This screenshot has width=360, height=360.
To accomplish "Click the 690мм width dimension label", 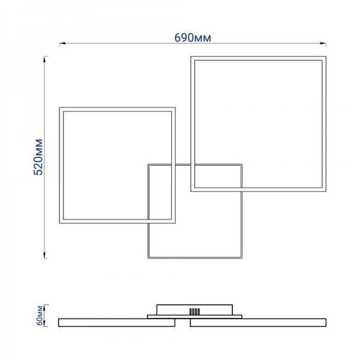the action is pyautogui.click(x=193, y=38).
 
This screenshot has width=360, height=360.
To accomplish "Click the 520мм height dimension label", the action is pyautogui.click(x=38, y=157).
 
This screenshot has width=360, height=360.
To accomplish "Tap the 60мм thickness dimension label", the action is pyautogui.click(x=40, y=316).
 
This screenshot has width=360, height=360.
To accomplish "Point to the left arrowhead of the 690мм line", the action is pyautogui.click(x=62, y=43).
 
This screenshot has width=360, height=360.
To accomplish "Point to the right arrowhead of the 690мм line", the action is pyautogui.click(x=323, y=43).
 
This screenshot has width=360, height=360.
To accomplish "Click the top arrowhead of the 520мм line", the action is pyautogui.click(x=44, y=59).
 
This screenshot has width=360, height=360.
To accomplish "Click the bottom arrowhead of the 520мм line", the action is pyautogui.click(x=44, y=255).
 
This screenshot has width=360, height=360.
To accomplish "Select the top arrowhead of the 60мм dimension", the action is pyautogui.click(x=46, y=307).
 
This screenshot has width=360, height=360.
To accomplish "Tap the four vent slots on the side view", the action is pyautogui.click(x=194, y=311).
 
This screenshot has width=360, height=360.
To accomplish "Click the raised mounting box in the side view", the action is pyautogui.click(x=194, y=310).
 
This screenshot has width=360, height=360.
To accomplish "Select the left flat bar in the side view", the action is pyautogui.click(x=116, y=322).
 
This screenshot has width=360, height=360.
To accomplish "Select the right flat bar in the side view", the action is pyautogui.click(x=258, y=322).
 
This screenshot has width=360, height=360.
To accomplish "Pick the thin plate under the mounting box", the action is pyautogui.click(x=194, y=317).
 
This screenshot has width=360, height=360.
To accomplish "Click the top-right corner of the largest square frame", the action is pyautogui.click(x=326, y=56).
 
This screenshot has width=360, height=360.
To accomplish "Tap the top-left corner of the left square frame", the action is pyautogui.click(x=59, y=107).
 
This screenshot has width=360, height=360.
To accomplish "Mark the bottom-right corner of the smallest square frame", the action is pyautogui.click(x=242, y=258).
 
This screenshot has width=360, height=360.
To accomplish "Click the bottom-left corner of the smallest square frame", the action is pyautogui.click(x=148, y=258).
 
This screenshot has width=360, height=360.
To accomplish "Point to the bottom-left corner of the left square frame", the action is pyautogui.click(x=59, y=223).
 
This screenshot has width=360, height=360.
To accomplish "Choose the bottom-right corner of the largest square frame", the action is pyautogui.click(x=326, y=191).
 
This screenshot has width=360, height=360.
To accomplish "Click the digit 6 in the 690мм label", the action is pyautogui.click(x=178, y=38).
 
